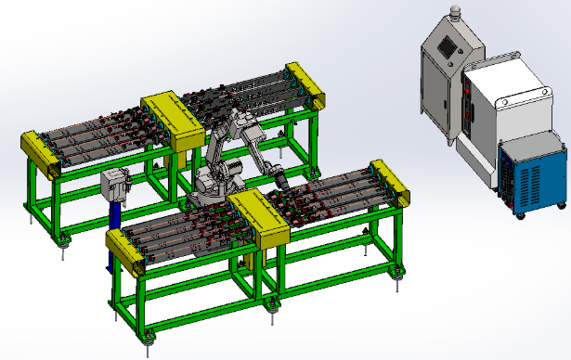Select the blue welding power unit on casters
(530, 176)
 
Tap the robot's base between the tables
(212, 190)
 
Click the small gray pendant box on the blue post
(115, 183)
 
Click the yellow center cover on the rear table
(172, 121)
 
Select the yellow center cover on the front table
(261, 218)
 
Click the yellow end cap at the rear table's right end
(306, 84)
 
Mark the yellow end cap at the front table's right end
(391, 184)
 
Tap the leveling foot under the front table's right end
(400, 271)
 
